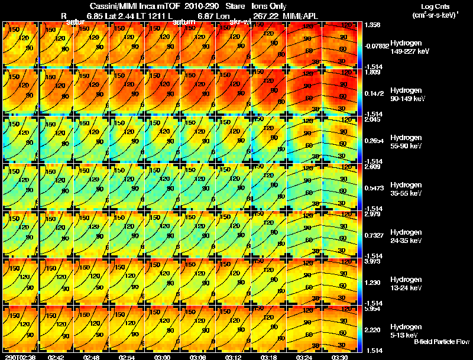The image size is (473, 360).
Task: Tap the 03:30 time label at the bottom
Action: [x=340, y=357]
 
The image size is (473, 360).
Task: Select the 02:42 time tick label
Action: [x=56, y=357]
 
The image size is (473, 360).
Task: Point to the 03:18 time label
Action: [x=269, y=357]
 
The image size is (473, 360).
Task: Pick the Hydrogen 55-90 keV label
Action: [x=407, y=142]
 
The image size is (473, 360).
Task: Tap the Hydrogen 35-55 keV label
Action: [x=407, y=189]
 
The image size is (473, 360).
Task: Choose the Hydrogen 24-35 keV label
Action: [x=407, y=236]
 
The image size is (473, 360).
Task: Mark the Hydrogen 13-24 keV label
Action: [x=407, y=284]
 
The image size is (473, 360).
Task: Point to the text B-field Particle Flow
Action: [x=441, y=342]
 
